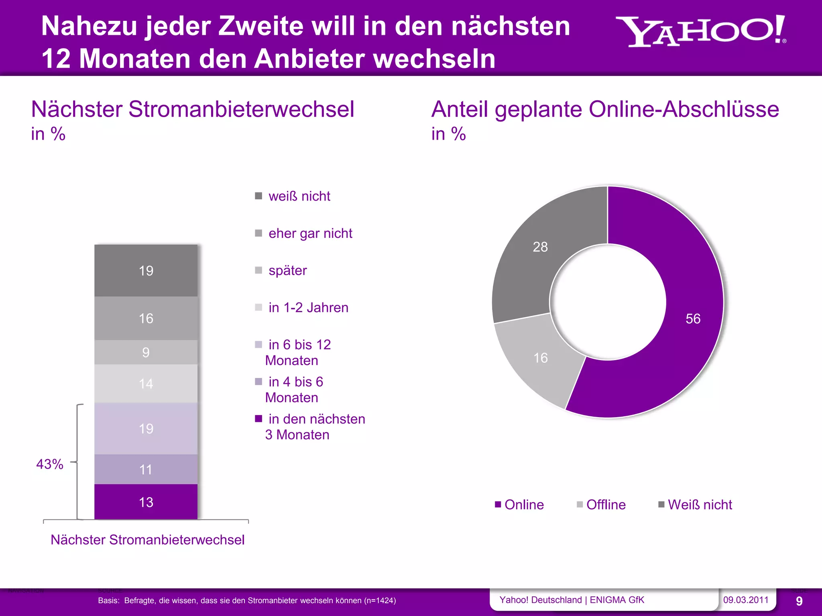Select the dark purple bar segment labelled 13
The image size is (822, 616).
[146, 502]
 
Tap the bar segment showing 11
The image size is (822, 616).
[146, 469]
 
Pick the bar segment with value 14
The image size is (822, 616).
[146, 383]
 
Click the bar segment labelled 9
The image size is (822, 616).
[146, 352]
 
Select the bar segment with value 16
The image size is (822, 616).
[146, 318]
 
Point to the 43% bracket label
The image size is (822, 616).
[50, 464]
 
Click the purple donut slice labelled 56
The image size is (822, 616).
[693, 318]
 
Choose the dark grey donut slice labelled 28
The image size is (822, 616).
[540, 247]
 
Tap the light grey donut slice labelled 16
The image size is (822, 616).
[540, 358]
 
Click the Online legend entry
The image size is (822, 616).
[519, 505]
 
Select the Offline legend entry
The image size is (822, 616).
[601, 505]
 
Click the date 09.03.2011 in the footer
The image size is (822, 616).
[746, 600]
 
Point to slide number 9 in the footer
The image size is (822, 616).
[799, 601]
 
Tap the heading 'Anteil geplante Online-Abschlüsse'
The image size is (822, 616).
[605, 109]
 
